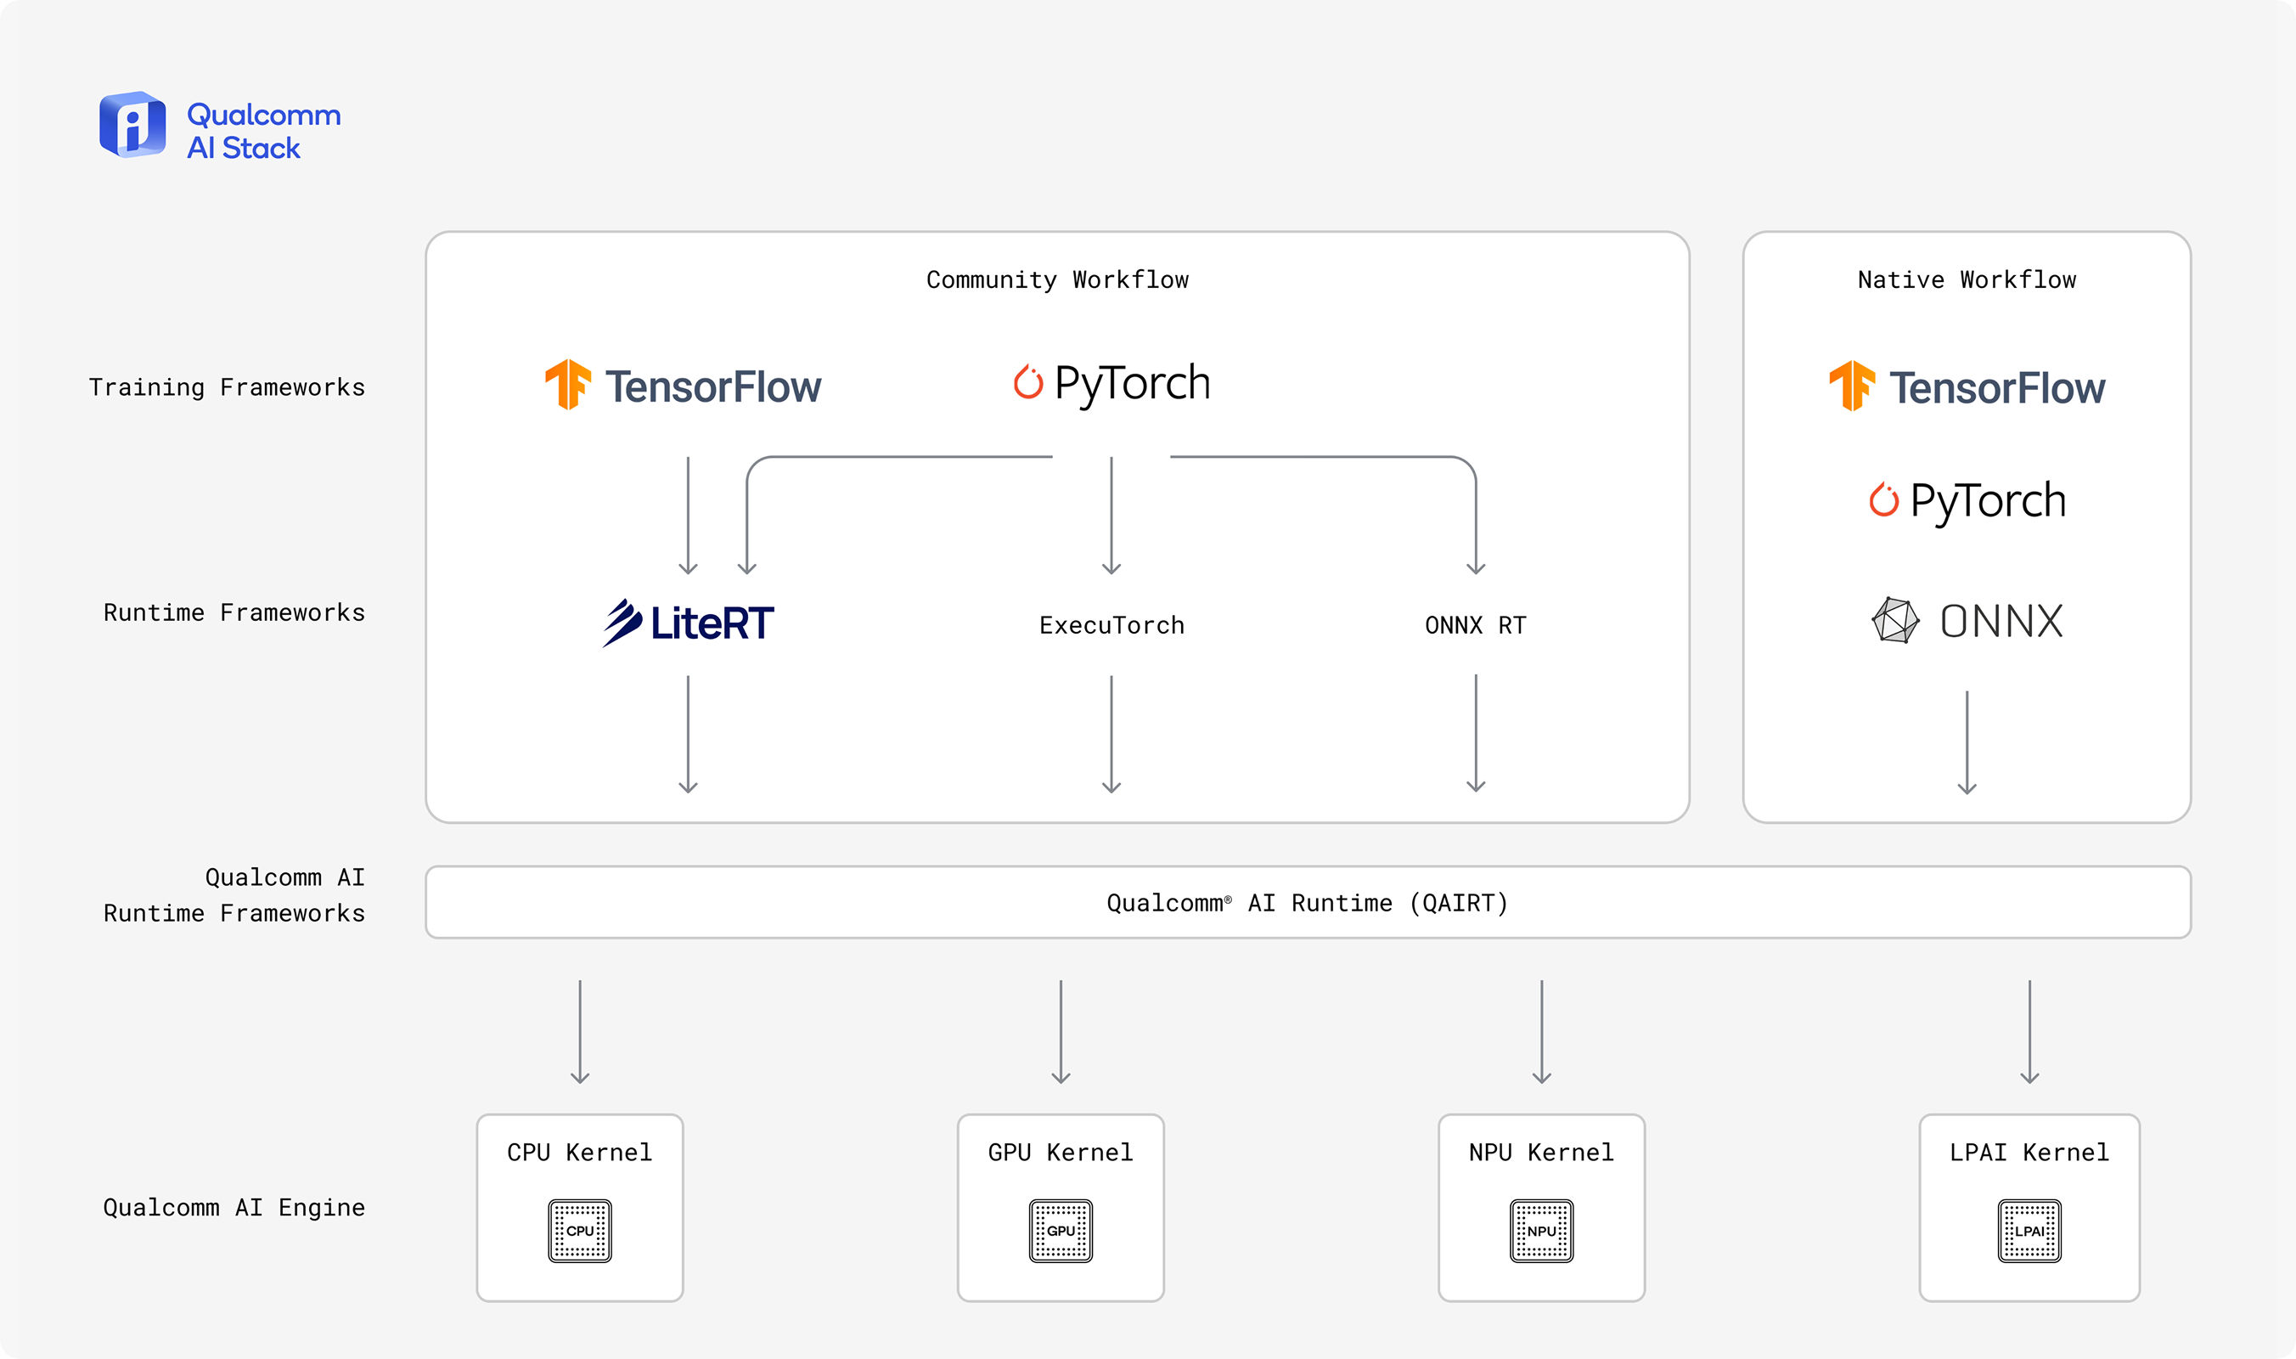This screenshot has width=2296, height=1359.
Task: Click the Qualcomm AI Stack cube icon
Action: pyautogui.click(x=132, y=124)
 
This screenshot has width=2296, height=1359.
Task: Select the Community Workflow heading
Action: pyautogui.click(x=1057, y=279)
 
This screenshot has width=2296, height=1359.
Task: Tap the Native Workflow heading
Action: pyautogui.click(x=1967, y=279)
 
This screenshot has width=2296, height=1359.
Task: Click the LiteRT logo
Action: pyautogui.click(x=688, y=623)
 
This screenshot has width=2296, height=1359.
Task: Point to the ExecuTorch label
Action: pyautogui.click(x=1111, y=625)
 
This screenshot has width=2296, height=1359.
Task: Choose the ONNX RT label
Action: pyautogui.click(x=1476, y=625)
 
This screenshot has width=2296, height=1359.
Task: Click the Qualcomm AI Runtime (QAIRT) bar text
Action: pyautogui.click(x=1308, y=903)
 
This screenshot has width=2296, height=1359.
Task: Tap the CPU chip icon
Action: pyautogui.click(x=579, y=1231)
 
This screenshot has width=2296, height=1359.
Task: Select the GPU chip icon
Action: pyautogui.click(x=1060, y=1231)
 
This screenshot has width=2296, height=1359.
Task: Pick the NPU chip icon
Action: pyautogui.click(x=1542, y=1231)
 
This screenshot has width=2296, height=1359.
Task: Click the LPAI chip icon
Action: pyautogui.click(x=2029, y=1231)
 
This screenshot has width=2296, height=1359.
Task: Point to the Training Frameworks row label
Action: pyautogui.click(x=227, y=387)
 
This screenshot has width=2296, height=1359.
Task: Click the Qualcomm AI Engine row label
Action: pyautogui.click(x=234, y=1208)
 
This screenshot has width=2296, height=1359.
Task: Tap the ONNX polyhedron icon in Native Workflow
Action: pyautogui.click(x=1895, y=621)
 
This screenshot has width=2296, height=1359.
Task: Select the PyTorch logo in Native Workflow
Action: pyautogui.click(x=1967, y=501)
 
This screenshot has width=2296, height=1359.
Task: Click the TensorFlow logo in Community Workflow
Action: pyautogui.click(x=683, y=386)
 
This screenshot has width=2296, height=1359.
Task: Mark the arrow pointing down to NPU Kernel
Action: pyautogui.click(x=1542, y=1032)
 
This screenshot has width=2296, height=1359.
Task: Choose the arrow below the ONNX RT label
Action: pyautogui.click(x=1476, y=734)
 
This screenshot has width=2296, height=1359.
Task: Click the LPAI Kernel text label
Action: pyautogui.click(x=2029, y=1152)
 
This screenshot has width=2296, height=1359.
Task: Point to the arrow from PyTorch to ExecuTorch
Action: pyautogui.click(x=1111, y=516)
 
